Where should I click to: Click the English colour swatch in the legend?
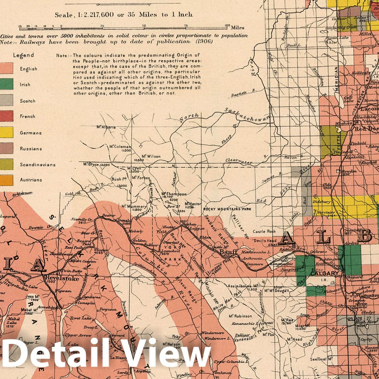[x=6, y=69]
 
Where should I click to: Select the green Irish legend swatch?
[x=6, y=84]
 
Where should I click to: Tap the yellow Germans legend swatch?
[x=6, y=132]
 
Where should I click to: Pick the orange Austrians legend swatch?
[x=6, y=180]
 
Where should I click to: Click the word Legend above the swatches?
[x=23, y=55]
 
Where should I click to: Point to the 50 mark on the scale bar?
[x=144, y=26]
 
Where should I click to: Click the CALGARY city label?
[x=324, y=273]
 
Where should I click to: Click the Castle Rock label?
[x=264, y=231]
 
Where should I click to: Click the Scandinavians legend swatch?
[x=6, y=164]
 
